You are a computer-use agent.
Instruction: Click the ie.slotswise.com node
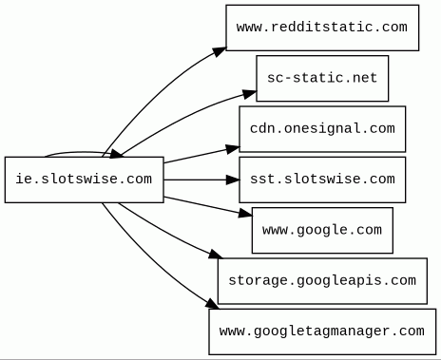pyautogui.click(x=85, y=180)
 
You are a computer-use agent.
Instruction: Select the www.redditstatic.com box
pyautogui.click(x=322, y=28)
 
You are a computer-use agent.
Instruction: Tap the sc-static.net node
pyautogui.click(x=322, y=78)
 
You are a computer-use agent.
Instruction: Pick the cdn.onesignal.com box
pyautogui.click(x=322, y=129)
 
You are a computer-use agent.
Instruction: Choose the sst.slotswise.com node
pyautogui.click(x=322, y=180)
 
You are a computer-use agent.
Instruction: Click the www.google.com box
pyautogui.click(x=322, y=230)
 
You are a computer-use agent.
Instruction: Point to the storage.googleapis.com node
pyautogui.click(x=322, y=281)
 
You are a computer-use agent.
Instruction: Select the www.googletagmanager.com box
pyautogui.click(x=322, y=332)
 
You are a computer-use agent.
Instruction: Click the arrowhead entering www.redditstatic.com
pyautogui.click(x=220, y=51)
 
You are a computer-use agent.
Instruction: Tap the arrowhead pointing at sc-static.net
pyautogui.click(x=249, y=94)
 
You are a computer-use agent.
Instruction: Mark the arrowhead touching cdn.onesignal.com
pyautogui.click(x=233, y=149)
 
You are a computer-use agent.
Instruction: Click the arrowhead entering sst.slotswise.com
pyautogui.click(x=233, y=180)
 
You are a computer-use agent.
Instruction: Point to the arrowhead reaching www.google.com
pyautogui.click(x=245, y=214)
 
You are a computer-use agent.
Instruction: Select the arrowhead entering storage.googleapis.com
pyautogui.click(x=216, y=254)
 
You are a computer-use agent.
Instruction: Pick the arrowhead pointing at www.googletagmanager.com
pyautogui.click(x=212, y=304)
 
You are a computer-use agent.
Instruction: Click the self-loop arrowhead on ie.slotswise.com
pyautogui.click(x=116, y=154)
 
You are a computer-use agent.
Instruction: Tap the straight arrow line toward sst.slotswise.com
pyautogui.click(x=201, y=180)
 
